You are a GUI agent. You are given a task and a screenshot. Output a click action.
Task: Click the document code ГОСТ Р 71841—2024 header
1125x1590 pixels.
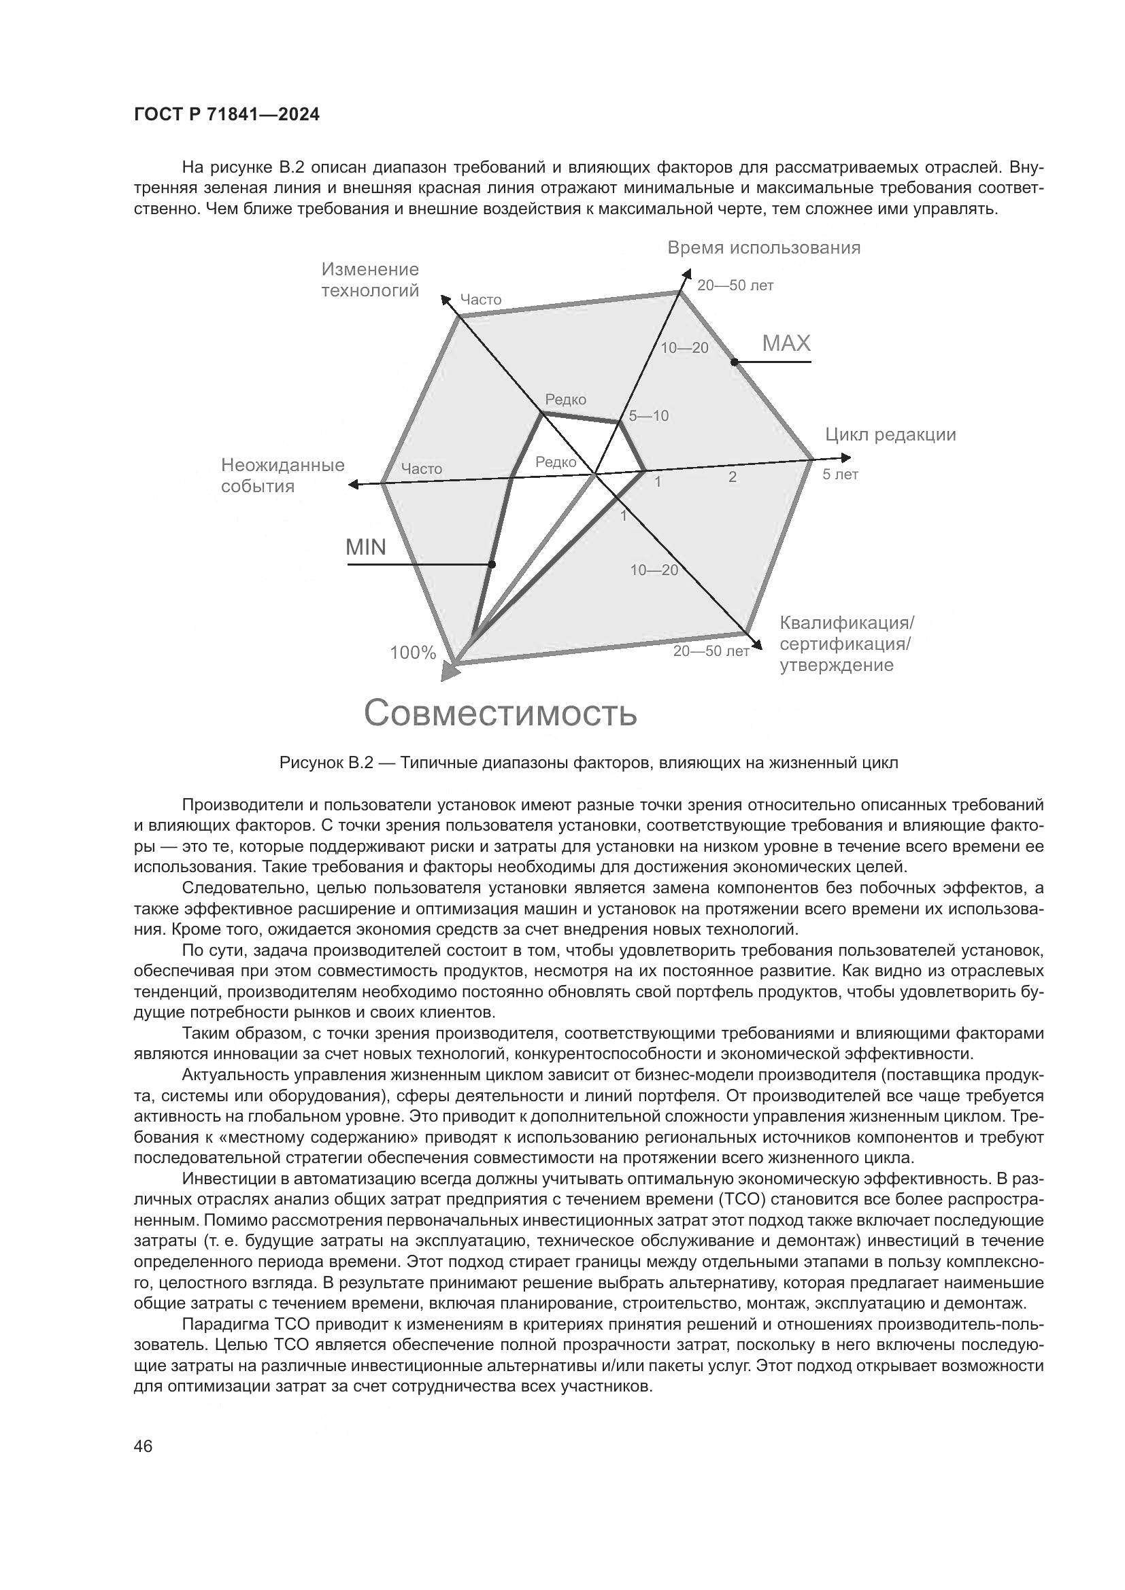[x=226, y=115]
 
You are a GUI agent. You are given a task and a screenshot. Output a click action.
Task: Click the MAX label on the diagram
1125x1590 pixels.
[x=786, y=343]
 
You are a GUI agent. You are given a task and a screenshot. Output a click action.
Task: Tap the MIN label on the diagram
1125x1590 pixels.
[x=366, y=547]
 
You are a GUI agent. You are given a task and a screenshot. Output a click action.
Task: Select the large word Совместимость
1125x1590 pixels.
[x=500, y=712]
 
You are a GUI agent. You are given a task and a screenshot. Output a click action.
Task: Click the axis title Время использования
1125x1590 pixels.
[x=763, y=248]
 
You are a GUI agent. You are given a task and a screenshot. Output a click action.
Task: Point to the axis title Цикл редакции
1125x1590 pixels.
[x=890, y=434]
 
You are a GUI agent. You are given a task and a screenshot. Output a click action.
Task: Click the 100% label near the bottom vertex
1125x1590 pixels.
[x=413, y=653]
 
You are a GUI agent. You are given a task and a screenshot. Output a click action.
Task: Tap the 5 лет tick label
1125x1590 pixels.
[x=840, y=474]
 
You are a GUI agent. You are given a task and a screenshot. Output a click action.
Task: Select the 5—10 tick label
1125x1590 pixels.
[x=648, y=415]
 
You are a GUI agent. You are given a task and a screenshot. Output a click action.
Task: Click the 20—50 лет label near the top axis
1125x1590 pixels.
[x=735, y=286]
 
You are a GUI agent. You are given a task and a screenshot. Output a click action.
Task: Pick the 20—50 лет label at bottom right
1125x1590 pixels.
[x=711, y=651]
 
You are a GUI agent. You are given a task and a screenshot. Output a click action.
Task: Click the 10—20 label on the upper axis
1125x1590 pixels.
[x=684, y=347]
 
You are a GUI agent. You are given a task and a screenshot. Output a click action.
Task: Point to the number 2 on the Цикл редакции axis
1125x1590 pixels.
[x=733, y=477]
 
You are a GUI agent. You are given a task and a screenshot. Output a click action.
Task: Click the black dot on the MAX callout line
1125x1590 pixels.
[x=734, y=362]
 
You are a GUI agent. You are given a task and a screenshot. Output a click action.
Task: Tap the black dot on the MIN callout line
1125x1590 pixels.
[x=492, y=564]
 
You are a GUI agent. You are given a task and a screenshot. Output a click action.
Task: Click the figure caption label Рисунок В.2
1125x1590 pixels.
[x=326, y=763]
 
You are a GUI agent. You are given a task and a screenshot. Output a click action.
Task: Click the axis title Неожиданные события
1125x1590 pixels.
[x=283, y=475]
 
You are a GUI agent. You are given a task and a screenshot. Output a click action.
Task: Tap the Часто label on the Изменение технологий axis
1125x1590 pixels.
[x=481, y=299]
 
